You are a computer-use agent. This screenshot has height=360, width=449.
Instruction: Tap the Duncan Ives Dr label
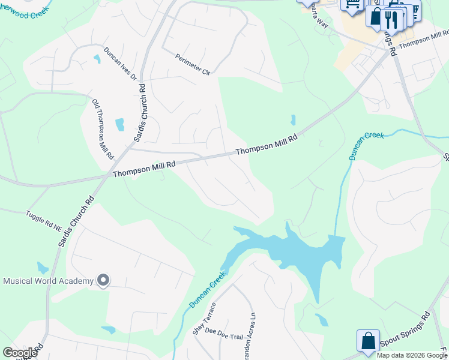[x=121, y=64]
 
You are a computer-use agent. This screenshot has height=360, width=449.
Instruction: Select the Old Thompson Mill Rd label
[x=103, y=128]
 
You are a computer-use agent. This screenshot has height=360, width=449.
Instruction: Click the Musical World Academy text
[x=49, y=281]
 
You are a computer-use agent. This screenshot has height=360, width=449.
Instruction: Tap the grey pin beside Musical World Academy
[x=103, y=280]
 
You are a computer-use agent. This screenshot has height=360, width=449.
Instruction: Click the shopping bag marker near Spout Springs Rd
[x=368, y=340]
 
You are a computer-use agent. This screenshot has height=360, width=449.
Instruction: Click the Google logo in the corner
[x=20, y=353]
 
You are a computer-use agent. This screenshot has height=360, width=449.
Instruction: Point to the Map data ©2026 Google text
[x=412, y=355]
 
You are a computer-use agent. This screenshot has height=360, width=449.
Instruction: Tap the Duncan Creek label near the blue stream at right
[x=366, y=146]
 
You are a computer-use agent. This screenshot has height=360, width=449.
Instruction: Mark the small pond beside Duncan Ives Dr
[x=97, y=59]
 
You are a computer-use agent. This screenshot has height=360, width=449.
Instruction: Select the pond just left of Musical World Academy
[x=41, y=268]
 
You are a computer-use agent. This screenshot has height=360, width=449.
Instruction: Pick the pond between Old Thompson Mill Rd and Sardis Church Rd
[x=119, y=124]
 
